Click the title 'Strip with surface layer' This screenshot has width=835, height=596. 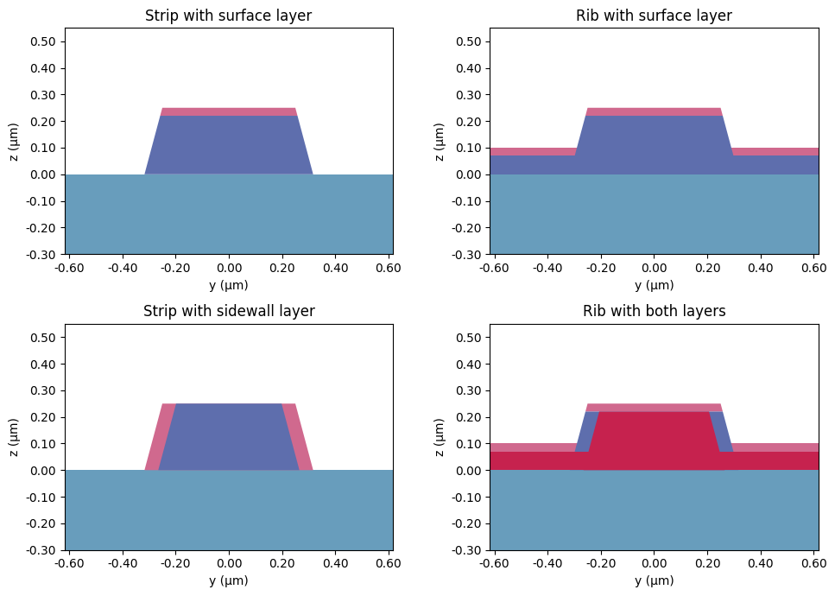229,16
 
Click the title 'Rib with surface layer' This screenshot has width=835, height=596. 654,16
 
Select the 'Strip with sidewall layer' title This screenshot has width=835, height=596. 229,311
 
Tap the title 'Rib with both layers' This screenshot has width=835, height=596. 654,311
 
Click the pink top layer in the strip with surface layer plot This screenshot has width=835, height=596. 229,111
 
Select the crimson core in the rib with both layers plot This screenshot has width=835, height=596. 654,441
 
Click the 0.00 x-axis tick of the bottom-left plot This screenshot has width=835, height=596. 229,563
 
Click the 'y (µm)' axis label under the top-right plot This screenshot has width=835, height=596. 654,285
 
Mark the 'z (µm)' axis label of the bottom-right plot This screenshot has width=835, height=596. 440,437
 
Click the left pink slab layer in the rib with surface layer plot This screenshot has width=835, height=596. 531,151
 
